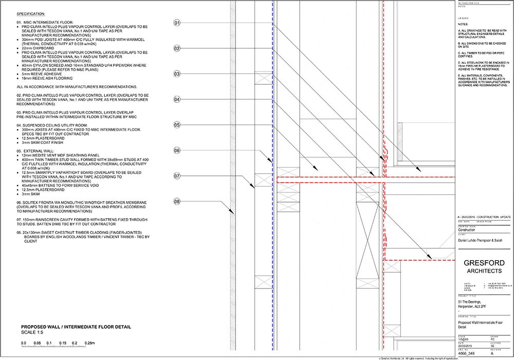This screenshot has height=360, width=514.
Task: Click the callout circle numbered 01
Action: [177, 23]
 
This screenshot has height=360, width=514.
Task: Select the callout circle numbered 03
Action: [177, 74]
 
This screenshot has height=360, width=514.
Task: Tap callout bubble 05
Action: [177, 125]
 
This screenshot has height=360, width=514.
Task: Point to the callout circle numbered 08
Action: [177, 201]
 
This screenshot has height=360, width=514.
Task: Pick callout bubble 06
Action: [177, 151]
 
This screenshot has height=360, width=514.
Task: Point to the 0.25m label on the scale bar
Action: [90, 343]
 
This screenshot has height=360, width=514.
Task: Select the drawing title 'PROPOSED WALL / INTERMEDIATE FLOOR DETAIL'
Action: [76, 327]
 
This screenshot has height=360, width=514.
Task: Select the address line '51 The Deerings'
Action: [471, 303]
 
